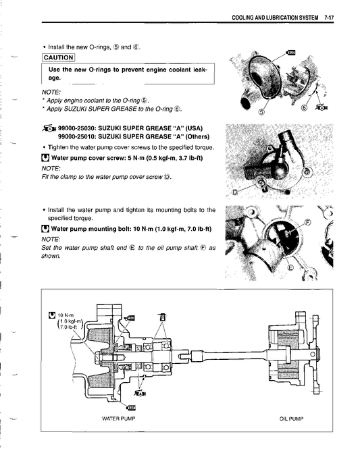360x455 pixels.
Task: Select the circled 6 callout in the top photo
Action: point(303,107)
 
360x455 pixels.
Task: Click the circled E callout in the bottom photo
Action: point(290,267)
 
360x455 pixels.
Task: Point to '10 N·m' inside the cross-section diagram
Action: point(66,315)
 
